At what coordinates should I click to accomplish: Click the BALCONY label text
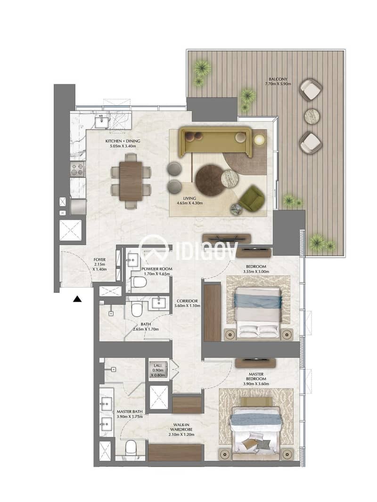tap(278, 79)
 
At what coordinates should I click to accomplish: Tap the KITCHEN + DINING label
tap(123, 141)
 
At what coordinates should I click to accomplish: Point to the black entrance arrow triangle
tap(77, 300)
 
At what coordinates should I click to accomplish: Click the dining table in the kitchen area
tap(131, 181)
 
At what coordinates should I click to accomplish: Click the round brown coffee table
tap(211, 179)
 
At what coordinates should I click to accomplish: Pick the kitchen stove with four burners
tap(77, 169)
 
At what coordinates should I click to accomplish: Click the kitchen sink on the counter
tap(102, 121)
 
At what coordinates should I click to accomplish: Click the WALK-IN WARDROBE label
tap(181, 427)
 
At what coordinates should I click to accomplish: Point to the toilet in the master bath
tap(131, 447)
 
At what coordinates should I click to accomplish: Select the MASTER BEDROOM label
tap(256, 376)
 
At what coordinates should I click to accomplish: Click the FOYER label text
tap(99, 259)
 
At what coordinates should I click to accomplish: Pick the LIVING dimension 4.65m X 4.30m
tap(189, 203)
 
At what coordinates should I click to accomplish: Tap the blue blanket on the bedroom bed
tap(258, 301)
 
